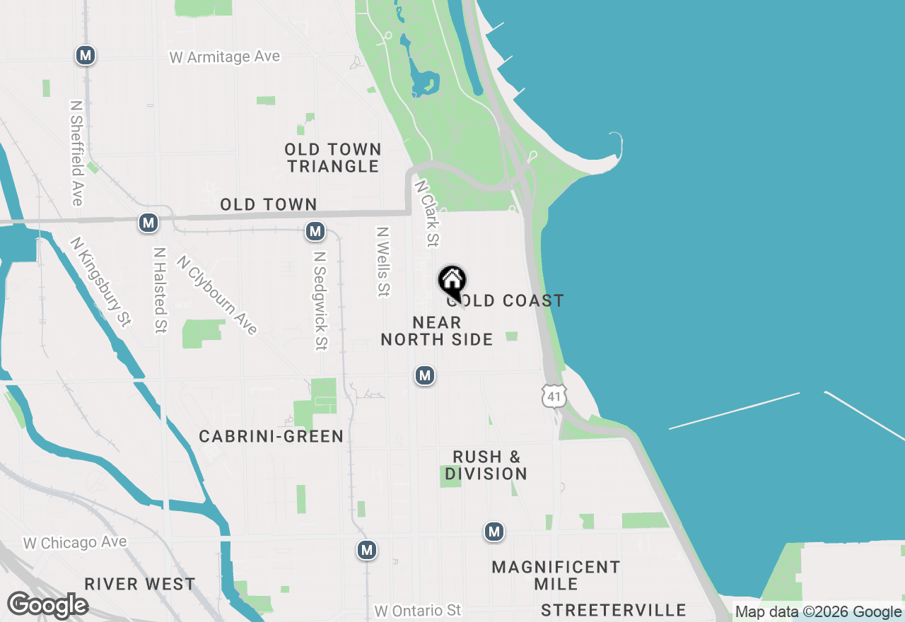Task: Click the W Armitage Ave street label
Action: tap(225, 57)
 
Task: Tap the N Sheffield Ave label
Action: tap(77, 153)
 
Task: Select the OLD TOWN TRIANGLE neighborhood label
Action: tap(333, 158)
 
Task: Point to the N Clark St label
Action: tap(427, 213)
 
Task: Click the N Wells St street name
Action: tap(383, 262)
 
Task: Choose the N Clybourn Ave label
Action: tap(217, 295)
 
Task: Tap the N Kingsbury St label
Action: tap(100, 281)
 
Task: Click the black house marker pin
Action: tap(452, 283)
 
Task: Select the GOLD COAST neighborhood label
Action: tap(506, 301)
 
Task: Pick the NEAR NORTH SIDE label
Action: tap(437, 331)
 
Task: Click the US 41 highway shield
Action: tap(554, 397)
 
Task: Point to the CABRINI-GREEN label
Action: tap(271, 437)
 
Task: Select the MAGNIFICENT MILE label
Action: tap(556, 575)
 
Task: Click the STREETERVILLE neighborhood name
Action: tap(613, 610)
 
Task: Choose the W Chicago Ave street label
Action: tap(75, 543)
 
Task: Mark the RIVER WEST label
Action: tap(140, 584)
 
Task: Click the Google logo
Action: tap(47, 605)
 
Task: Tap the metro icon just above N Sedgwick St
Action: tap(315, 231)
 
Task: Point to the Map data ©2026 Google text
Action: tap(818, 612)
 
